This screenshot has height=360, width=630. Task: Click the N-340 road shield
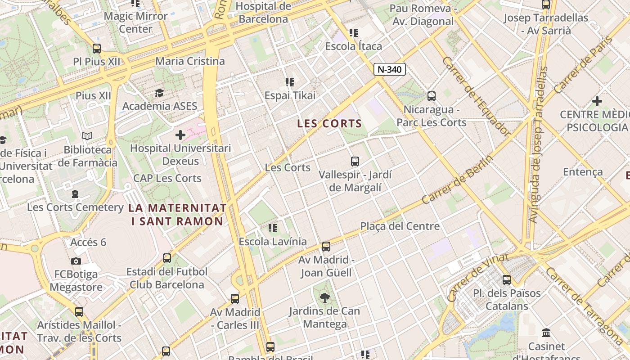point(389,69)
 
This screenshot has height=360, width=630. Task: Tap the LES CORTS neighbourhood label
point(330,124)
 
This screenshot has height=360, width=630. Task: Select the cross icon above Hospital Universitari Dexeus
point(180,135)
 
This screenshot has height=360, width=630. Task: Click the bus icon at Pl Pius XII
point(97,49)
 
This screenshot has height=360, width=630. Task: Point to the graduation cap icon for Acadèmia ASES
point(159,93)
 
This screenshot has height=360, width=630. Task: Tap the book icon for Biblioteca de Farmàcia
point(87,136)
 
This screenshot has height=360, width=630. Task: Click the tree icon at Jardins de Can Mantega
point(324,297)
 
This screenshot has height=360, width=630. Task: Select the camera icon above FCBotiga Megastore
point(76,261)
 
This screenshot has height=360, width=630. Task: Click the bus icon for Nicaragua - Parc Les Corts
point(432,96)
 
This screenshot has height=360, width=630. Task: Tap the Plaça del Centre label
point(400,226)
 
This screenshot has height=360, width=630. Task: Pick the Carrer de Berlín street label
point(457,179)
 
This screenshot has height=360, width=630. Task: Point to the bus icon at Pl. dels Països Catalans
point(507,280)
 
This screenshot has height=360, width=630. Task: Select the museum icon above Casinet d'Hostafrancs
point(546,333)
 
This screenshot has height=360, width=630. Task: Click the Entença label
point(583,172)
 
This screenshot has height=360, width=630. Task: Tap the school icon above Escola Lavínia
point(272,228)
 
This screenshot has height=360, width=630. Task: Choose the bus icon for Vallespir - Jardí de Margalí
point(355,161)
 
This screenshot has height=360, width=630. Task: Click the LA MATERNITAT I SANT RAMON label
point(177,214)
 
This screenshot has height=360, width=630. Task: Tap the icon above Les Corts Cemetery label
point(75,194)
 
